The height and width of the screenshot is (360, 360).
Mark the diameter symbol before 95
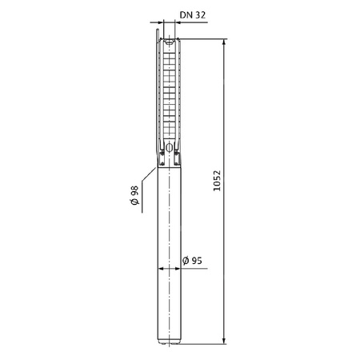(x=184, y=260)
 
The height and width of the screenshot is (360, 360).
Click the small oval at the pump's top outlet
(x=169, y=38)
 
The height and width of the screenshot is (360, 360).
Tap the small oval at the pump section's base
(x=169, y=143)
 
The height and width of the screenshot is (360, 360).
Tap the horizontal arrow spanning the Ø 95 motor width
(x=169, y=270)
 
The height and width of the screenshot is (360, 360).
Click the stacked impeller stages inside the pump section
(x=169, y=88)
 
